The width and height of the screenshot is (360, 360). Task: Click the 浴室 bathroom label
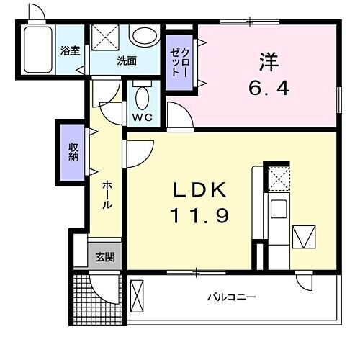point(70,52)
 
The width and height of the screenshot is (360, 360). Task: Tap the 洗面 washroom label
point(127,61)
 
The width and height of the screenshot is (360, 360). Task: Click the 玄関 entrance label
point(99,258)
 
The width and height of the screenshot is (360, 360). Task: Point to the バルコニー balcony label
point(232,297)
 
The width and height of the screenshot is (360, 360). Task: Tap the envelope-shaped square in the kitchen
point(305,237)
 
